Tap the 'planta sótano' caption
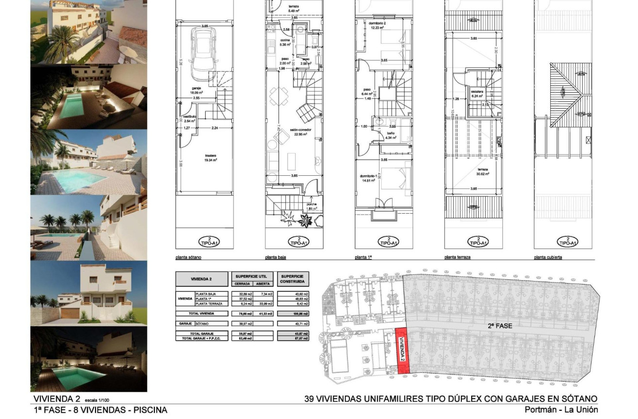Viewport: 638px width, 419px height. pos(188,258)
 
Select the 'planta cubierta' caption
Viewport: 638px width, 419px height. pos(548,258)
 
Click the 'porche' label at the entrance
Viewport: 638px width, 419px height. pos(311,204)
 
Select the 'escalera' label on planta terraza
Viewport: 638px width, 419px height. pos(476,91)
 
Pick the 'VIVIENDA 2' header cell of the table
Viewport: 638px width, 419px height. pos(201,279)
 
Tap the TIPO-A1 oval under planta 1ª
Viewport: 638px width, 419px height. pos(389,241)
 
